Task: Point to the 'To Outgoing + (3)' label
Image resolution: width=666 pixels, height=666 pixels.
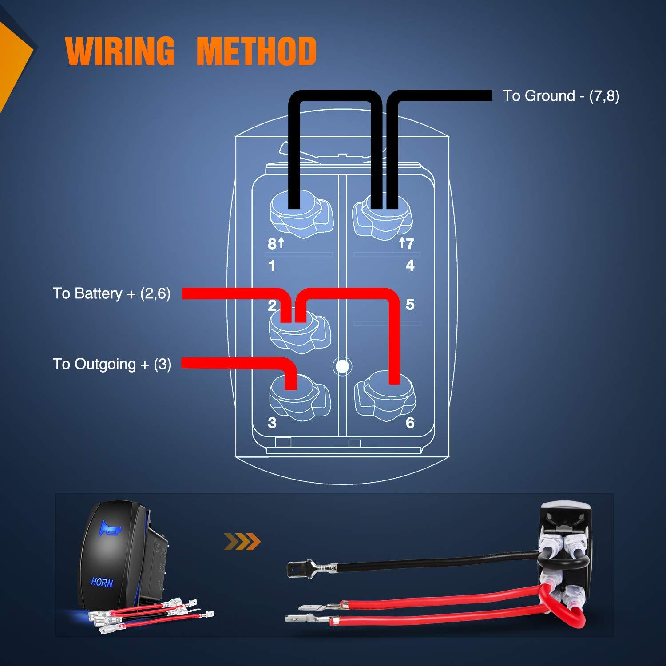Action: click(112, 364)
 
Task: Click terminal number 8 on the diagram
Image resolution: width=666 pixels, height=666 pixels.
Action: click(272, 243)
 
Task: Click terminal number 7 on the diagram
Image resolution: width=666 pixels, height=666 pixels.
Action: click(409, 243)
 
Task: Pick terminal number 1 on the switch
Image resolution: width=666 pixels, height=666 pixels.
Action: click(272, 266)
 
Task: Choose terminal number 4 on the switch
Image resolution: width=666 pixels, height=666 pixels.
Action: click(410, 266)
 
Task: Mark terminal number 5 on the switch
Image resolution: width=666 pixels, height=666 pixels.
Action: click(410, 305)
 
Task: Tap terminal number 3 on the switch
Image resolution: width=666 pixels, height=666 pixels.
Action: click(272, 423)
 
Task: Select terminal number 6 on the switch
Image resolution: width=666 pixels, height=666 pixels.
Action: click(410, 423)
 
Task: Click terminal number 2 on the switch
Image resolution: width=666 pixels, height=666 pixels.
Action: click(272, 305)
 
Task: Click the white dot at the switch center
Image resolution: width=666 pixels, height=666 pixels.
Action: click(341, 366)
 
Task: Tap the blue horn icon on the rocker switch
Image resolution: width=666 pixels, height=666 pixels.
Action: click(109, 528)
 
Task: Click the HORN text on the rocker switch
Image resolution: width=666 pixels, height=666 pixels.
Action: click(102, 582)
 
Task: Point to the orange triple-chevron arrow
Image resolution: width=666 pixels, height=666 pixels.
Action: click(242, 542)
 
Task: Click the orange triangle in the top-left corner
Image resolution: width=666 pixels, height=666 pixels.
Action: click(13, 53)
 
